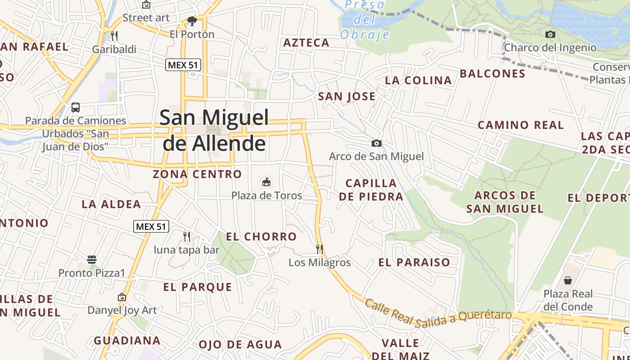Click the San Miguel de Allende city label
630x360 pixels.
(x=214, y=130)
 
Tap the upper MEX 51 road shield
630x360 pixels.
(x=183, y=65)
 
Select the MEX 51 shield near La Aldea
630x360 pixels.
(x=151, y=226)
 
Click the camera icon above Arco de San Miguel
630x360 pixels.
(x=377, y=144)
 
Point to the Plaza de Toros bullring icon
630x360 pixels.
(x=266, y=182)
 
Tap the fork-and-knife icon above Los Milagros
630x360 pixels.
(x=319, y=249)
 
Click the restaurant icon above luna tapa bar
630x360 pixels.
(x=186, y=236)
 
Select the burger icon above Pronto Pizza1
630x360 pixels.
(x=92, y=260)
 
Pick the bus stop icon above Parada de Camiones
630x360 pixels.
(x=76, y=108)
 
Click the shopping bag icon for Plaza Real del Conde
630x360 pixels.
(x=568, y=280)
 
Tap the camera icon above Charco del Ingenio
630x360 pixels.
(x=550, y=35)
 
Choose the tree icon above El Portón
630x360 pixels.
(x=192, y=21)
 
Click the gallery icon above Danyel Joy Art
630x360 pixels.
(x=121, y=297)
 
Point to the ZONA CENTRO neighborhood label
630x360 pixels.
(x=197, y=174)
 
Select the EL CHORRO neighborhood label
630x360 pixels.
(x=261, y=237)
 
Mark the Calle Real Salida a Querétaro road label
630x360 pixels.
(x=438, y=310)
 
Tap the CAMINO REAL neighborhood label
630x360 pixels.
(x=520, y=125)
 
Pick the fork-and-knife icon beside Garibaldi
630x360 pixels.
(x=114, y=36)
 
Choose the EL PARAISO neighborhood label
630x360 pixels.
(x=414, y=262)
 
